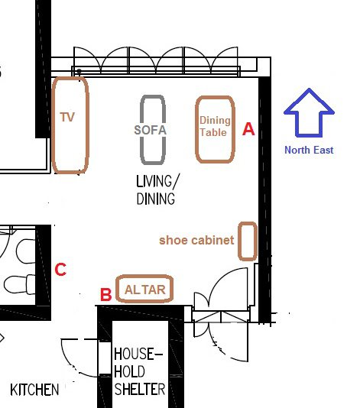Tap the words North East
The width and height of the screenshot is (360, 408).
(309, 151)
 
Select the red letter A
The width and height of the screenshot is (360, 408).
(248, 129)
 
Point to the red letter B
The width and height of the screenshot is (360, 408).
(106, 295)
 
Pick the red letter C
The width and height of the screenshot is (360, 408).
(60, 269)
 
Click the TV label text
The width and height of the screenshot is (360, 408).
(67, 117)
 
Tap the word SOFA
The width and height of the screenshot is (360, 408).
(151, 130)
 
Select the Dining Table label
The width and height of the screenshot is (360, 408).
(215, 127)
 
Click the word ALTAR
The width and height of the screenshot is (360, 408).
(145, 290)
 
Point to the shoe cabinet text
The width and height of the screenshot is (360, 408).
(196, 240)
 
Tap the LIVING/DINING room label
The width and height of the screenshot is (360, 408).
(157, 189)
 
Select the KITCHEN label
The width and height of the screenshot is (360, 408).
(34, 390)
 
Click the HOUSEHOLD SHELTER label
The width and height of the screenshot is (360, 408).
(139, 371)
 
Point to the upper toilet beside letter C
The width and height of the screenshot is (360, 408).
(25, 251)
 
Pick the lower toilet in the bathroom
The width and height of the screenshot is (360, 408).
(20, 284)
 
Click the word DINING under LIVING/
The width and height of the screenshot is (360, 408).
(156, 199)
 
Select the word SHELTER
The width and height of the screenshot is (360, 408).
(140, 390)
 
